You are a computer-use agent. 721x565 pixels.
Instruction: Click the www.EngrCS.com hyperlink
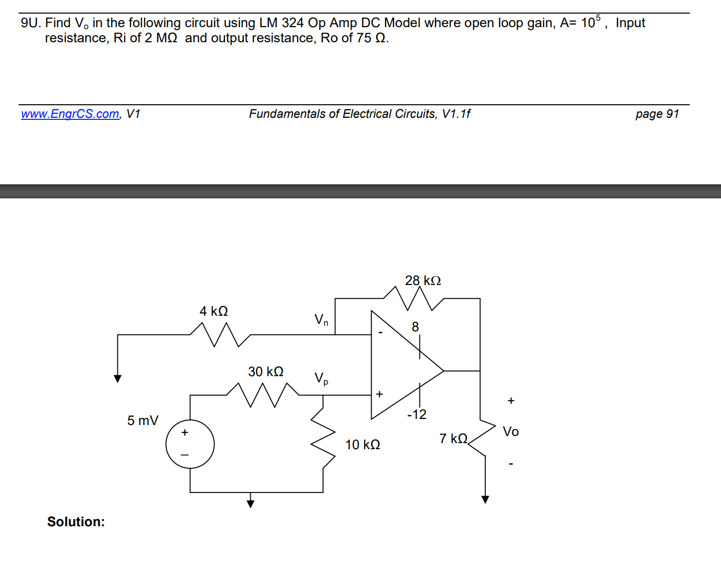click(x=70, y=114)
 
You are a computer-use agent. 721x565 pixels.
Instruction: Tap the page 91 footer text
click(x=657, y=114)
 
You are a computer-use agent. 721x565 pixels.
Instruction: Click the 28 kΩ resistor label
click(x=422, y=280)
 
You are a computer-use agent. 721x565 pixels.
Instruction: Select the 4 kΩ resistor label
click(x=213, y=311)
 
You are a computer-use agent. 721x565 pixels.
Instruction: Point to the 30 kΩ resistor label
click(x=265, y=372)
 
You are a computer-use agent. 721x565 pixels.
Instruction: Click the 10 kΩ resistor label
click(x=362, y=445)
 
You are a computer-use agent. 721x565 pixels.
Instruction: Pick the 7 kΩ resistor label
click(x=453, y=439)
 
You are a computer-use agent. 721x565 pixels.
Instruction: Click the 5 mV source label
click(x=142, y=420)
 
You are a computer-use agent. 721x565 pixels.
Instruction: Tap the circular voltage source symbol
click(x=190, y=444)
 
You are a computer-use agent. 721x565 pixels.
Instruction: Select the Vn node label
click(x=321, y=320)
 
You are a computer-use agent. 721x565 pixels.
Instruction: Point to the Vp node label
click(x=321, y=378)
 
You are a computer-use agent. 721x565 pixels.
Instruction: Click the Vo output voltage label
click(x=511, y=432)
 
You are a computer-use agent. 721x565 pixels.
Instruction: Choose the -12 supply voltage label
click(x=416, y=414)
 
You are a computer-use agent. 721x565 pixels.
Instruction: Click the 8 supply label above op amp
click(x=415, y=327)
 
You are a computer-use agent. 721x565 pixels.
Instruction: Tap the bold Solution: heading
click(x=76, y=522)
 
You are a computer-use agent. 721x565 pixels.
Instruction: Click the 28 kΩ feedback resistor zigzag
click(x=413, y=298)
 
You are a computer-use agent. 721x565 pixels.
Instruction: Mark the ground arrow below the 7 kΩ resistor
click(x=485, y=499)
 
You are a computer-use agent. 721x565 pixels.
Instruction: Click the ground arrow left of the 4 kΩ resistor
click(x=117, y=378)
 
